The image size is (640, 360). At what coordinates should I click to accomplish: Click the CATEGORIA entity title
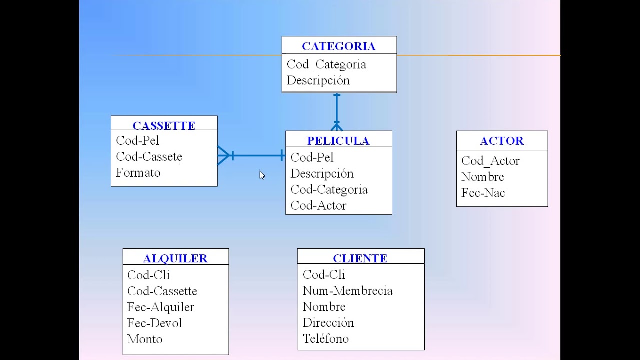coord(338,46)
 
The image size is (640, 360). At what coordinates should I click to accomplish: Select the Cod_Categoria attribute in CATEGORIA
coord(326,65)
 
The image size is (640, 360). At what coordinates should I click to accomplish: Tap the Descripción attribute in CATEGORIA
coord(318,81)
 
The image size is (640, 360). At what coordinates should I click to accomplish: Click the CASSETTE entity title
coord(164,125)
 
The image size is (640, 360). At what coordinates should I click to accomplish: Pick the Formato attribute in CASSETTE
coord(138,173)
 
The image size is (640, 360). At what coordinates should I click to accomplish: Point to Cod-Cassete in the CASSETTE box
coord(149,157)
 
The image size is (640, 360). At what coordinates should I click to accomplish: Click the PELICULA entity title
coord(338,141)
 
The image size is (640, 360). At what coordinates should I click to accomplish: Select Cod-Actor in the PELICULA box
coord(318,206)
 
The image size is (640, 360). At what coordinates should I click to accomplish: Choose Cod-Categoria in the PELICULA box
coord(329,190)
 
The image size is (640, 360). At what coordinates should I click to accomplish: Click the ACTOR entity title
coord(502,141)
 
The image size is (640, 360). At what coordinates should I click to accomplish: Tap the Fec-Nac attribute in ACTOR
coord(483,193)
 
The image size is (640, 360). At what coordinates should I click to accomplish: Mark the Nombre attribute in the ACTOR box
coord(482,177)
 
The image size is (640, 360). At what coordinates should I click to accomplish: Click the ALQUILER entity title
coord(175,258)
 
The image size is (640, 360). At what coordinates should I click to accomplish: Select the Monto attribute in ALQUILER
coord(145,339)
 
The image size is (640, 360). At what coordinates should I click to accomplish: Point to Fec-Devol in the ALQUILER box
coord(154,323)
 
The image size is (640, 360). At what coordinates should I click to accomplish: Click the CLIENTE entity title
coord(360,258)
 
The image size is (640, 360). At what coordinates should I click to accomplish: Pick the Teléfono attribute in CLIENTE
coord(325,339)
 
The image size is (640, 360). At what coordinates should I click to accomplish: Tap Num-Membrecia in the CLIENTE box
coord(347,291)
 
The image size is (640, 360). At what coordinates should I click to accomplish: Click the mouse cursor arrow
coord(262,174)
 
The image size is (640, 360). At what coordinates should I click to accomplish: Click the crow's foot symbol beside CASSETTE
coord(223,155)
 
